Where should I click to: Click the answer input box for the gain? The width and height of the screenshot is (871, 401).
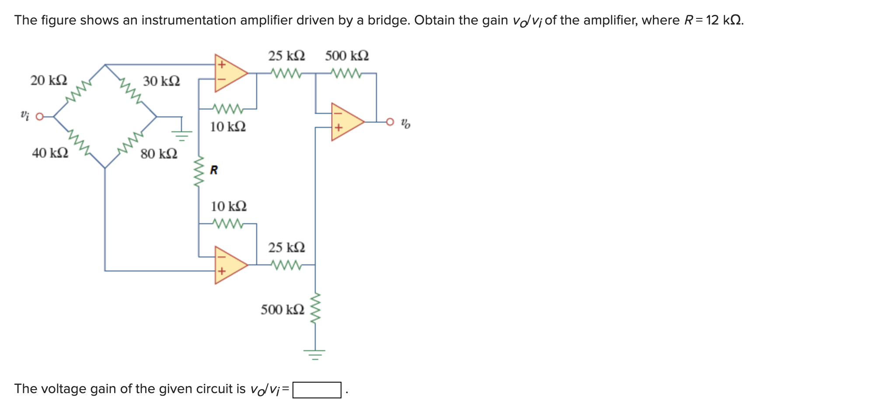click(x=317, y=390)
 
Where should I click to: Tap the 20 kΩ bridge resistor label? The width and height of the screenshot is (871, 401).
click(x=49, y=81)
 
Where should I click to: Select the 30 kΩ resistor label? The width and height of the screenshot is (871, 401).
click(x=161, y=81)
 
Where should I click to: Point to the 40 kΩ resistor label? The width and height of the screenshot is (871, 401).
click(x=50, y=153)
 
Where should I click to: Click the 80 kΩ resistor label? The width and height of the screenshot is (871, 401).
click(x=159, y=154)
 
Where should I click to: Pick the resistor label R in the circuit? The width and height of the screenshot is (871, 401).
click(x=214, y=170)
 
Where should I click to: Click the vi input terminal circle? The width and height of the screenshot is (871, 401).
click(x=40, y=117)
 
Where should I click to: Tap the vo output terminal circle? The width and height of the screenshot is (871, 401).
click(x=390, y=122)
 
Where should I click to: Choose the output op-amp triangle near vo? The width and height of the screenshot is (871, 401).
click(x=345, y=122)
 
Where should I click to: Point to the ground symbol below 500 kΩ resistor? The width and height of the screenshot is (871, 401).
click(x=315, y=353)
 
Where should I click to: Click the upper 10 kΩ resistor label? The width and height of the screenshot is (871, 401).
click(x=228, y=127)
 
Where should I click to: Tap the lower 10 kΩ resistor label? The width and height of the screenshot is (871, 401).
click(x=229, y=206)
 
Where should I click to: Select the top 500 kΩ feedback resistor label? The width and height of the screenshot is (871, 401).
click(x=347, y=56)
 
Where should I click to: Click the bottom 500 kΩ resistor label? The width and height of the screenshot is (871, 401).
click(x=282, y=310)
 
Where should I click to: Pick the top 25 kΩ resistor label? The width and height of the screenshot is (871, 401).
click(x=286, y=56)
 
